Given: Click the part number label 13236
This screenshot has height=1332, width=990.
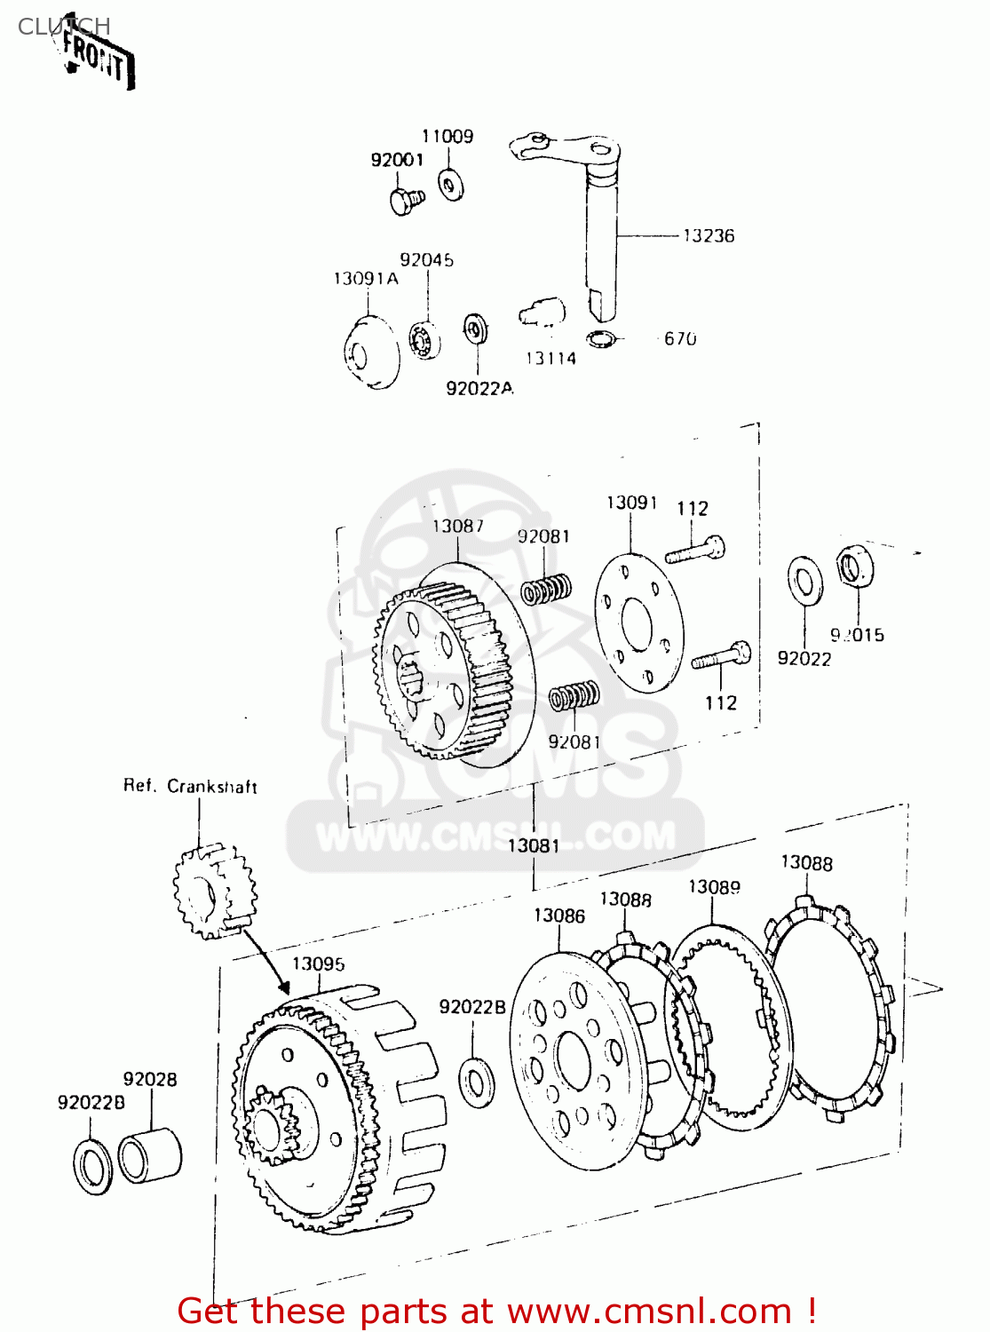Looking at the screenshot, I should pos(708,235).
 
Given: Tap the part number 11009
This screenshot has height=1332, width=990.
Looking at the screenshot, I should pos(447,136).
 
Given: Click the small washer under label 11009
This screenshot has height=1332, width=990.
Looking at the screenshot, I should pos(451,185).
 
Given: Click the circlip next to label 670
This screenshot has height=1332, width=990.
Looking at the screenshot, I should pos(600,338).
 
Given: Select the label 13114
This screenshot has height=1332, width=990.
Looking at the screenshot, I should pos(550,359).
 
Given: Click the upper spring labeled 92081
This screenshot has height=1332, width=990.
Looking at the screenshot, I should pos(545,589).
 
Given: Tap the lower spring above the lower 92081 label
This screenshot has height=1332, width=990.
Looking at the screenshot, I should pos(574,694).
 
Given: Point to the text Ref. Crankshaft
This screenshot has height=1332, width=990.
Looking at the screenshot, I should pos(190,786).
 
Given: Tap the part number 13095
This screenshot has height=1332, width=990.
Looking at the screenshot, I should pos(318,964).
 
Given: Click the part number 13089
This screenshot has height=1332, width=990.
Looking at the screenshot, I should pos(714,887).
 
